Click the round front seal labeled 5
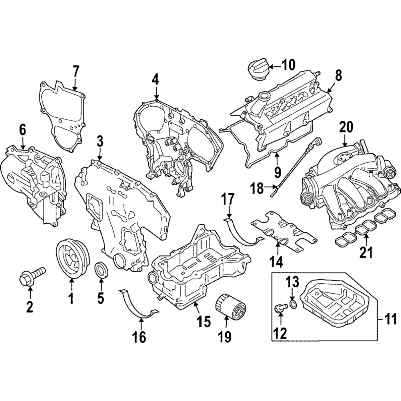point(102,270)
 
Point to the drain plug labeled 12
point(281,307)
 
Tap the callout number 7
point(76,71)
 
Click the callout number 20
point(346,127)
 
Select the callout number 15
point(204,321)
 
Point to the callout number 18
point(257,189)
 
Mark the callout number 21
point(366,252)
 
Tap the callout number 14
point(278,261)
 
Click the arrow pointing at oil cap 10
point(275,67)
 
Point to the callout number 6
point(22,130)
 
